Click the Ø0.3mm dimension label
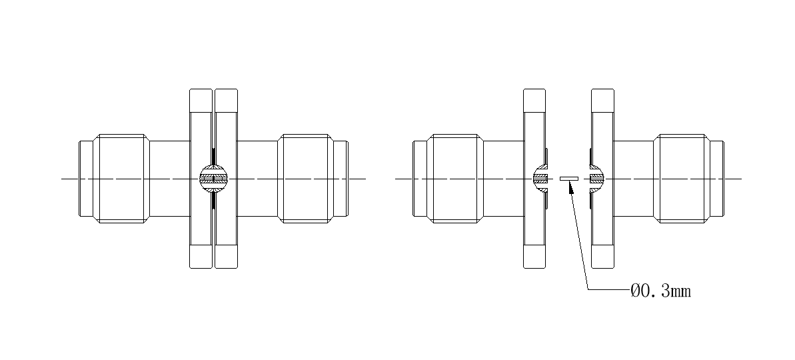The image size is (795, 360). (x=660, y=291)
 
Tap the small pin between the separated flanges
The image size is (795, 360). (x=569, y=179)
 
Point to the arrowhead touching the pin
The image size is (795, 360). (x=571, y=187)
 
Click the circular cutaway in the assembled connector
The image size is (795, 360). (x=213, y=179)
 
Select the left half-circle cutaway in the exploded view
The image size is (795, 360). (x=540, y=179)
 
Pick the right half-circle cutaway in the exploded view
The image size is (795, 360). (x=597, y=179)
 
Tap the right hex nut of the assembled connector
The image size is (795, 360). (x=306, y=179)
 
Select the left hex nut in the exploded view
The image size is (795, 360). (x=455, y=179)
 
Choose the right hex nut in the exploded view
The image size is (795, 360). (x=682, y=179)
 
